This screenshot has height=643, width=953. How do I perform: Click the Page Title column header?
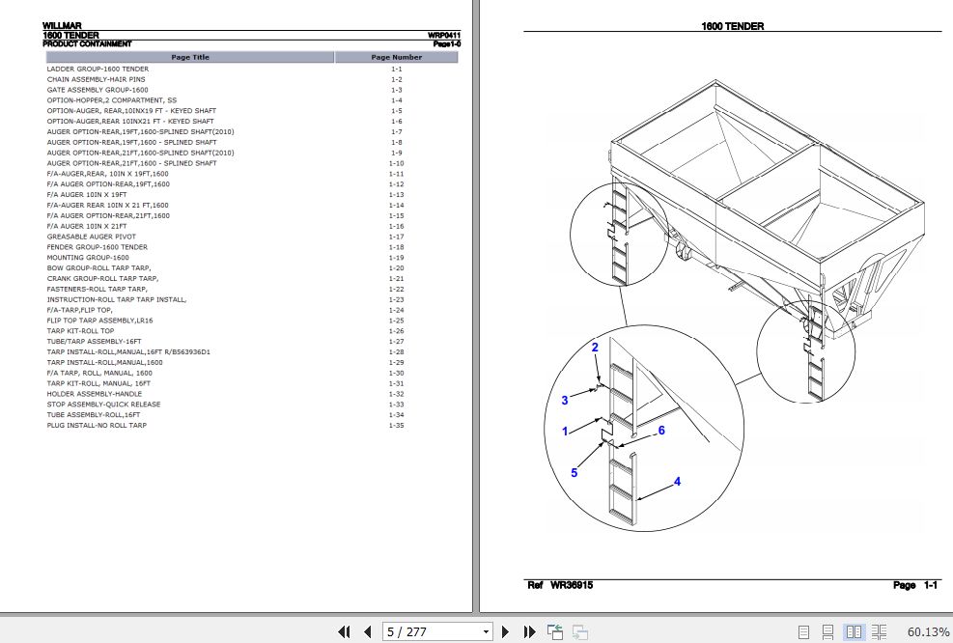(x=189, y=57)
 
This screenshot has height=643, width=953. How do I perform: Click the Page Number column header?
(x=396, y=57)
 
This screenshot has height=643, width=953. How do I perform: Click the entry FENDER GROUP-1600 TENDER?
(x=97, y=247)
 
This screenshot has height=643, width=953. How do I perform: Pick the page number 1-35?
(x=396, y=425)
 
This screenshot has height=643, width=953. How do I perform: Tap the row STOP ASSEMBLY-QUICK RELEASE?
(x=103, y=405)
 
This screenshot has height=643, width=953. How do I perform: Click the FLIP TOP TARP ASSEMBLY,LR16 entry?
(x=99, y=321)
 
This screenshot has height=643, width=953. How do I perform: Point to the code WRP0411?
(x=444, y=36)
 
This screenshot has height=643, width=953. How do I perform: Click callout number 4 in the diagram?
(x=677, y=481)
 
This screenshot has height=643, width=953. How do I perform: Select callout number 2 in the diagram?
(x=595, y=348)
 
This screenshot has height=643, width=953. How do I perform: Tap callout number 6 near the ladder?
(x=661, y=431)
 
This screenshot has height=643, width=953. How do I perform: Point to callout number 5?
(x=574, y=472)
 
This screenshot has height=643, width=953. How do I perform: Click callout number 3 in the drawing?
(x=565, y=400)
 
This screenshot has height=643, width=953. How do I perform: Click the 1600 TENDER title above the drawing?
(x=732, y=26)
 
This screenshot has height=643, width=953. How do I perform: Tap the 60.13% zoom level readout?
(x=928, y=631)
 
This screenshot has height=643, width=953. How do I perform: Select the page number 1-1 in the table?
(x=396, y=70)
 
